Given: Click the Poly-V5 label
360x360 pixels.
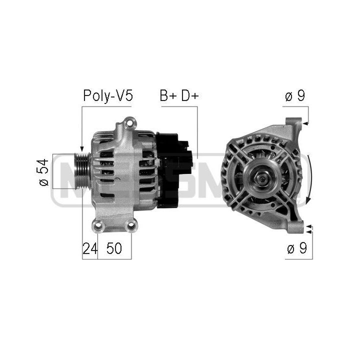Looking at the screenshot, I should point(108,95).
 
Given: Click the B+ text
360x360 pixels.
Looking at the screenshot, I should point(167,95).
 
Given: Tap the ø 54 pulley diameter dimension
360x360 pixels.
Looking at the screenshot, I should point(44,172).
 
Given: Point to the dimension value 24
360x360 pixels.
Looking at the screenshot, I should point(89,248).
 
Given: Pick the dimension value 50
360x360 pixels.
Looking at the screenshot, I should point(114,248).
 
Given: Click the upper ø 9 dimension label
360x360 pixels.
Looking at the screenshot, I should point(294,96).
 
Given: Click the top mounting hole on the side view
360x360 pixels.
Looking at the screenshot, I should point(129,121).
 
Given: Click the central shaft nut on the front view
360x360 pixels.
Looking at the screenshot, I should point(261,176).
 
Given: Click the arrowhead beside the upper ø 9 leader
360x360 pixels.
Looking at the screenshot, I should point(306,121).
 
